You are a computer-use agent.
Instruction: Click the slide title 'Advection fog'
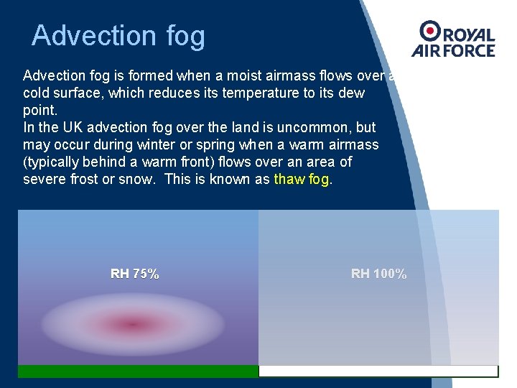click(118, 35)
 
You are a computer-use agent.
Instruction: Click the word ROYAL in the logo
click(469, 35)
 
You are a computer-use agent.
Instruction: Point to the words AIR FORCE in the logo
click(453, 50)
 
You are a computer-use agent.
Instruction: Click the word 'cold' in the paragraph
click(36, 93)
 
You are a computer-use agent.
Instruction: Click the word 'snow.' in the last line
click(136, 179)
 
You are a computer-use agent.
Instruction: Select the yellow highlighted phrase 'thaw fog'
click(302, 179)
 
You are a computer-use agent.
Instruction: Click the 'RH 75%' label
click(135, 274)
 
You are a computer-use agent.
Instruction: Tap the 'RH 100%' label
click(378, 274)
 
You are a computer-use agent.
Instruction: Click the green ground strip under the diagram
click(138, 371)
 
